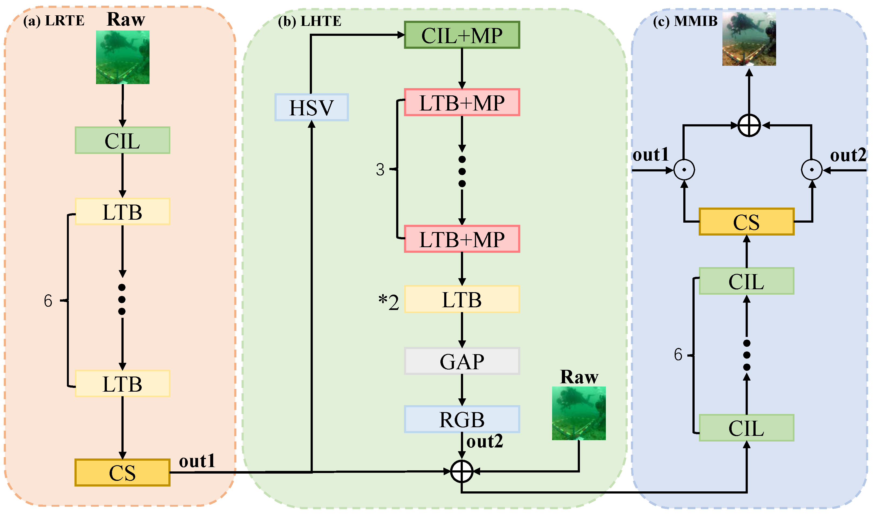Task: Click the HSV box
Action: pyautogui.click(x=311, y=107)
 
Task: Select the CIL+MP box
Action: pyautogui.click(x=462, y=35)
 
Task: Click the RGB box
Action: pyautogui.click(x=462, y=420)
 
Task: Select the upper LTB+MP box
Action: pyautogui.click(x=462, y=102)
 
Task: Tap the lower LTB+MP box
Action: pyautogui.click(x=462, y=239)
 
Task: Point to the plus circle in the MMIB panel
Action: pyautogui.click(x=749, y=125)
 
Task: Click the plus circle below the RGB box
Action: pyautogui.click(x=461, y=472)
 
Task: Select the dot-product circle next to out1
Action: pyautogui.click(x=684, y=170)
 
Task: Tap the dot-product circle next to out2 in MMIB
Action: pyautogui.click(x=812, y=170)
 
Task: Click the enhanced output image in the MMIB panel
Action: pyautogui.click(x=749, y=39)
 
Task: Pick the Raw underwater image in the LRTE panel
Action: pyautogui.click(x=123, y=57)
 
